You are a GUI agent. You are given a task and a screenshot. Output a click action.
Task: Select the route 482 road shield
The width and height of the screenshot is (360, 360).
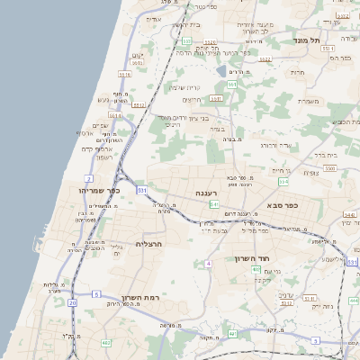point(106,342)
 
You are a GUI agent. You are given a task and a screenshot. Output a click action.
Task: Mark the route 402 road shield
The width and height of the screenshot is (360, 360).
point(256,269)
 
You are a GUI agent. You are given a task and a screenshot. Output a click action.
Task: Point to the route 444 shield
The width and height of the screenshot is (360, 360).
point(354,301)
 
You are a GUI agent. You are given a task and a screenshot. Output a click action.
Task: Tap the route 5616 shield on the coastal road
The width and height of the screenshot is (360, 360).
point(124,75)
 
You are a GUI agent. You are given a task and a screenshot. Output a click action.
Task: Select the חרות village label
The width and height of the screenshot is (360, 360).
point(299,73)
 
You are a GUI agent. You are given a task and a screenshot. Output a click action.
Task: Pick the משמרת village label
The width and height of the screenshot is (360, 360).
point(309,101)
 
